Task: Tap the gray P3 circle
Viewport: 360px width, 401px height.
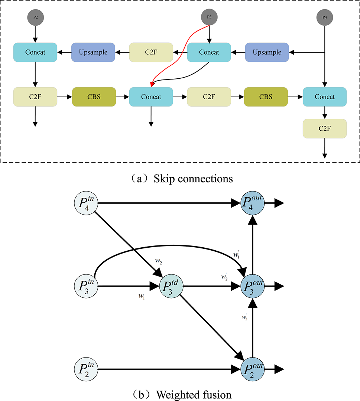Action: (209, 17)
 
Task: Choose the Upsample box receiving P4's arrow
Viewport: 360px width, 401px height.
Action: (267, 52)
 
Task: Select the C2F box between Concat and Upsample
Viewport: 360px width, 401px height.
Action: (151, 52)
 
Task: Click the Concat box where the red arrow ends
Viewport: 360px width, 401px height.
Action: (151, 97)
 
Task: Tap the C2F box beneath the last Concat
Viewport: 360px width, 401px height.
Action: (325, 128)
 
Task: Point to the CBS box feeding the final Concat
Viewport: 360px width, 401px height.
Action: (266, 97)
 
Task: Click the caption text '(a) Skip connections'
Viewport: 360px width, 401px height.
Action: (180, 179)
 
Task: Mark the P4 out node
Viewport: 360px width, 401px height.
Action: (253, 203)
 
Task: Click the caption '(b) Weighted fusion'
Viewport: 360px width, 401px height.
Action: (180, 395)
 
